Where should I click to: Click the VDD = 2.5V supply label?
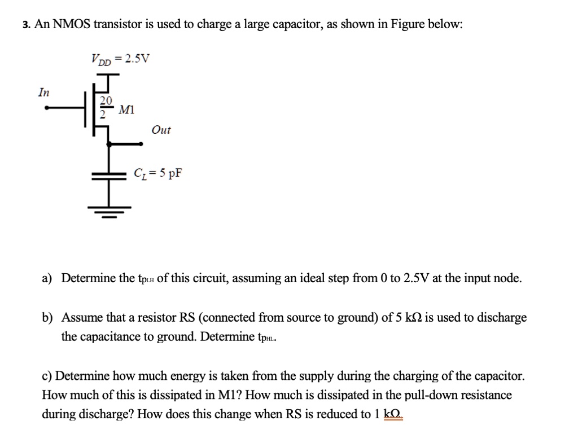pos(120,59)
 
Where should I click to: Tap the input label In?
pos(42,91)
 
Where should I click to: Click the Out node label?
pos(161,130)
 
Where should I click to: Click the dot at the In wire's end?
pos(48,108)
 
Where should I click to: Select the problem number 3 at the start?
pos(26,25)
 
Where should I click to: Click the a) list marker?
pos(47,278)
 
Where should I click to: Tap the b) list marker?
pos(47,317)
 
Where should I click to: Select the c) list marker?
pos(47,376)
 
